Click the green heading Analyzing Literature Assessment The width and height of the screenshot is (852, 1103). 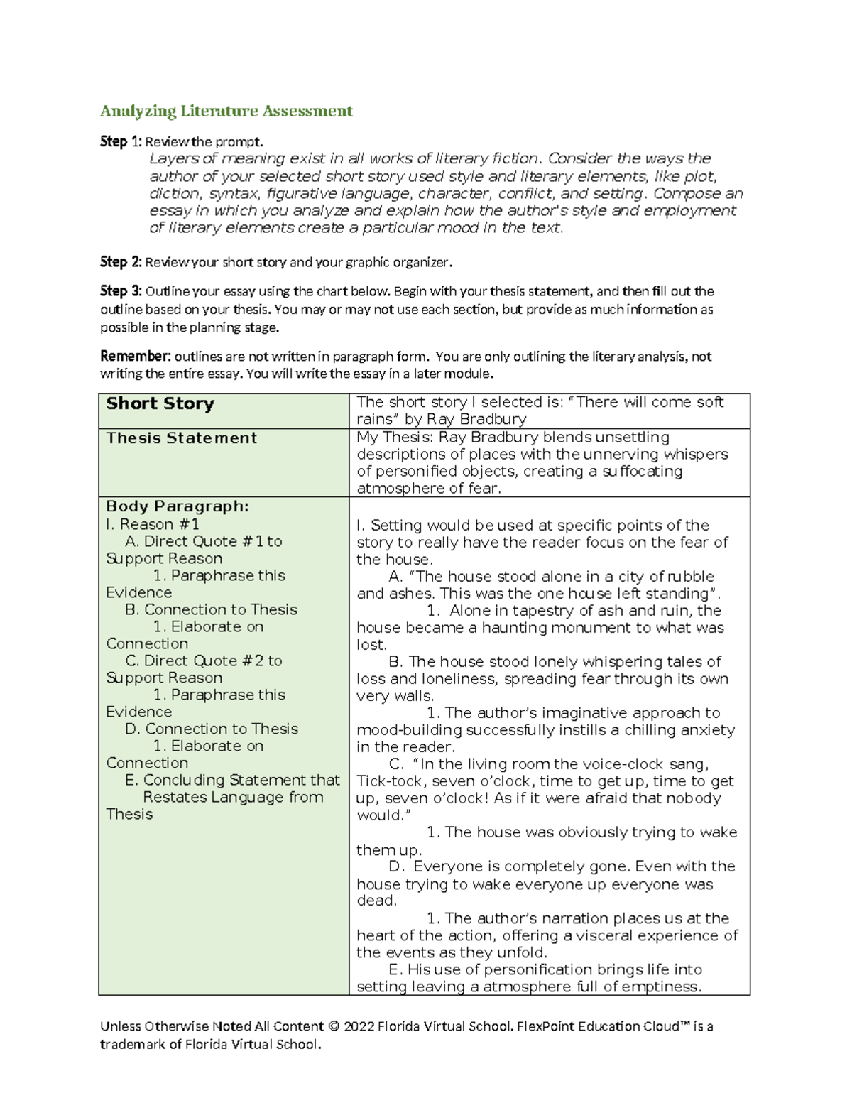(226, 111)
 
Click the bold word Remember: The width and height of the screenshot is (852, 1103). (136, 357)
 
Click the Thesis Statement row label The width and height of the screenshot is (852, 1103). (181, 438)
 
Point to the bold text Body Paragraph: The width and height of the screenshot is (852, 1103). (177, 506)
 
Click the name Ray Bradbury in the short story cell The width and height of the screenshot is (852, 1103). (476, 419)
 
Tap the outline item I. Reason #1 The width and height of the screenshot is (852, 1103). (152, 524)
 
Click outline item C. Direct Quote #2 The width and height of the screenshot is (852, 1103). (204, 661)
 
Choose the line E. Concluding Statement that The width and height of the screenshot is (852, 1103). (232, 780)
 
